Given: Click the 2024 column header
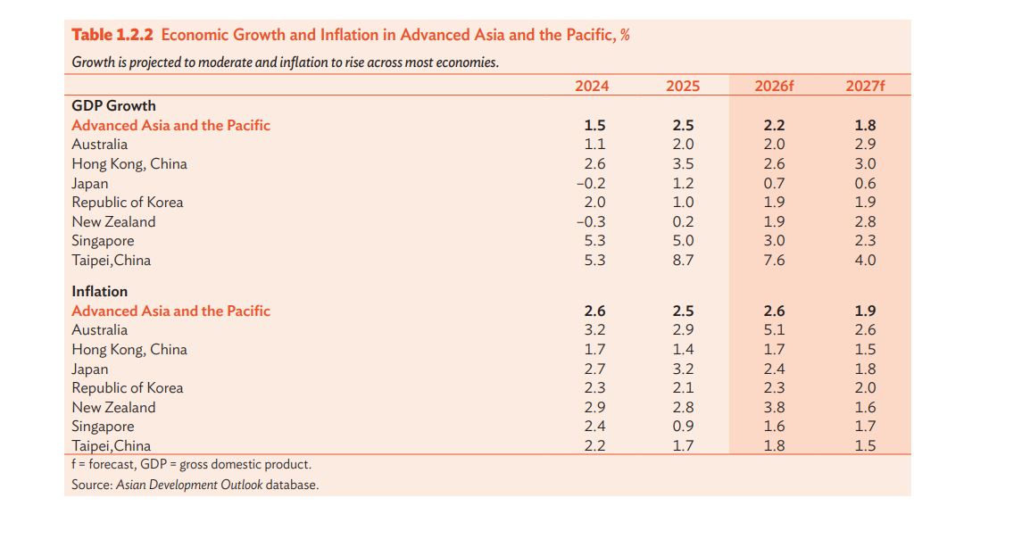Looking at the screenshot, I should pyautogui.click(x=592, y=87).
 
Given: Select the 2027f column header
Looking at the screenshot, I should pyautogui.click(x=865, y=87).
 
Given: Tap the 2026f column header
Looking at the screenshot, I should pyautogui.click(x=774, y=87).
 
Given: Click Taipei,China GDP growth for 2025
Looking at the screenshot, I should pyautogui.click(x=683, y=261).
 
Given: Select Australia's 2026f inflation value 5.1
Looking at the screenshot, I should pyautogui.click(x=775, y=330).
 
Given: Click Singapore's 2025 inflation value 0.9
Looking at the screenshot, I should pyautogui.click(x=683, y=427).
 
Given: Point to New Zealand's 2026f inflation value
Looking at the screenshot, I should pyautogui.click(x=775, y=408).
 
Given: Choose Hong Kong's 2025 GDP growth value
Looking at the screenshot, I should pyautogui.click(x=683, y=164).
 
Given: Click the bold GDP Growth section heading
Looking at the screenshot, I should pyautogui.click(x=113, y=106).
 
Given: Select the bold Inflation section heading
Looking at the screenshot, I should pyautogui.click(x=99, y=292).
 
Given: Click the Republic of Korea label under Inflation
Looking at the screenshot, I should pyautogui.click(x=127, y=388).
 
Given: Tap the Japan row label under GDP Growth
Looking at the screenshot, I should pyautogui.click(x=89, y=184).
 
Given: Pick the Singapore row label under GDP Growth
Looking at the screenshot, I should pyautogui.click(x=103, y=241).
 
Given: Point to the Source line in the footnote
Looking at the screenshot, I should pyautogui.click(x=195, y=485).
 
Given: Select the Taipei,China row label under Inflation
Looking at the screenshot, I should pyautogui.click(x=111, y=446).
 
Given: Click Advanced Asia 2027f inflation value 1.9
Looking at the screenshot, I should pyautogui.click(x=865, y=311).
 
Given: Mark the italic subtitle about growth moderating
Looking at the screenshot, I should pyautogui.click(x=285, y=63).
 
